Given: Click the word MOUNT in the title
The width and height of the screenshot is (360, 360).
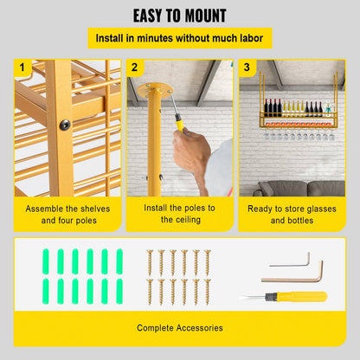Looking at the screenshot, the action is (x=205, y=16).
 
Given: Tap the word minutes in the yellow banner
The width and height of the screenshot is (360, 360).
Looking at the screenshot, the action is (x=155, y=38).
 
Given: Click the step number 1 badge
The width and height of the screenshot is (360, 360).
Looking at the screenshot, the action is (x=22, y=67).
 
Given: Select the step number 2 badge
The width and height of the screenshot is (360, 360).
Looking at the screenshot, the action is (x=134, y=67).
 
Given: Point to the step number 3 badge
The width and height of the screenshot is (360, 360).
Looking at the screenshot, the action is (x=247, y=67).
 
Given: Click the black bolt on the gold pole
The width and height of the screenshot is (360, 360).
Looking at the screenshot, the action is (x=65, y=125).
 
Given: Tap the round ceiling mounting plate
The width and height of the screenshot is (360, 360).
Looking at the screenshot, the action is (x=155, y=91).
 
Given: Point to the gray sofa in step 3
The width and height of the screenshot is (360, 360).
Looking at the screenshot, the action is (x=299, y=189).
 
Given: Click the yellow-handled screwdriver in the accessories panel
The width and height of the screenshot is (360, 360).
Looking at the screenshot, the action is (x=285, y=297).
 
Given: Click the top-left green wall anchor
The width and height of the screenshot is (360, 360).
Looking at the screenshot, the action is (x=46, y=261).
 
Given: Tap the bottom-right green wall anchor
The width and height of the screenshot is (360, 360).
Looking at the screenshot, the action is (x=119, y=291).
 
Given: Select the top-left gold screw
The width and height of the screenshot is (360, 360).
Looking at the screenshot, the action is (x=150, y=262).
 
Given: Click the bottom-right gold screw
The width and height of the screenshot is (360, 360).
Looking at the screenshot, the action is (x=208, y=292).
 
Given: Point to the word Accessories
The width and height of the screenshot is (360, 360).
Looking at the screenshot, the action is (x=199, y=328).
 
